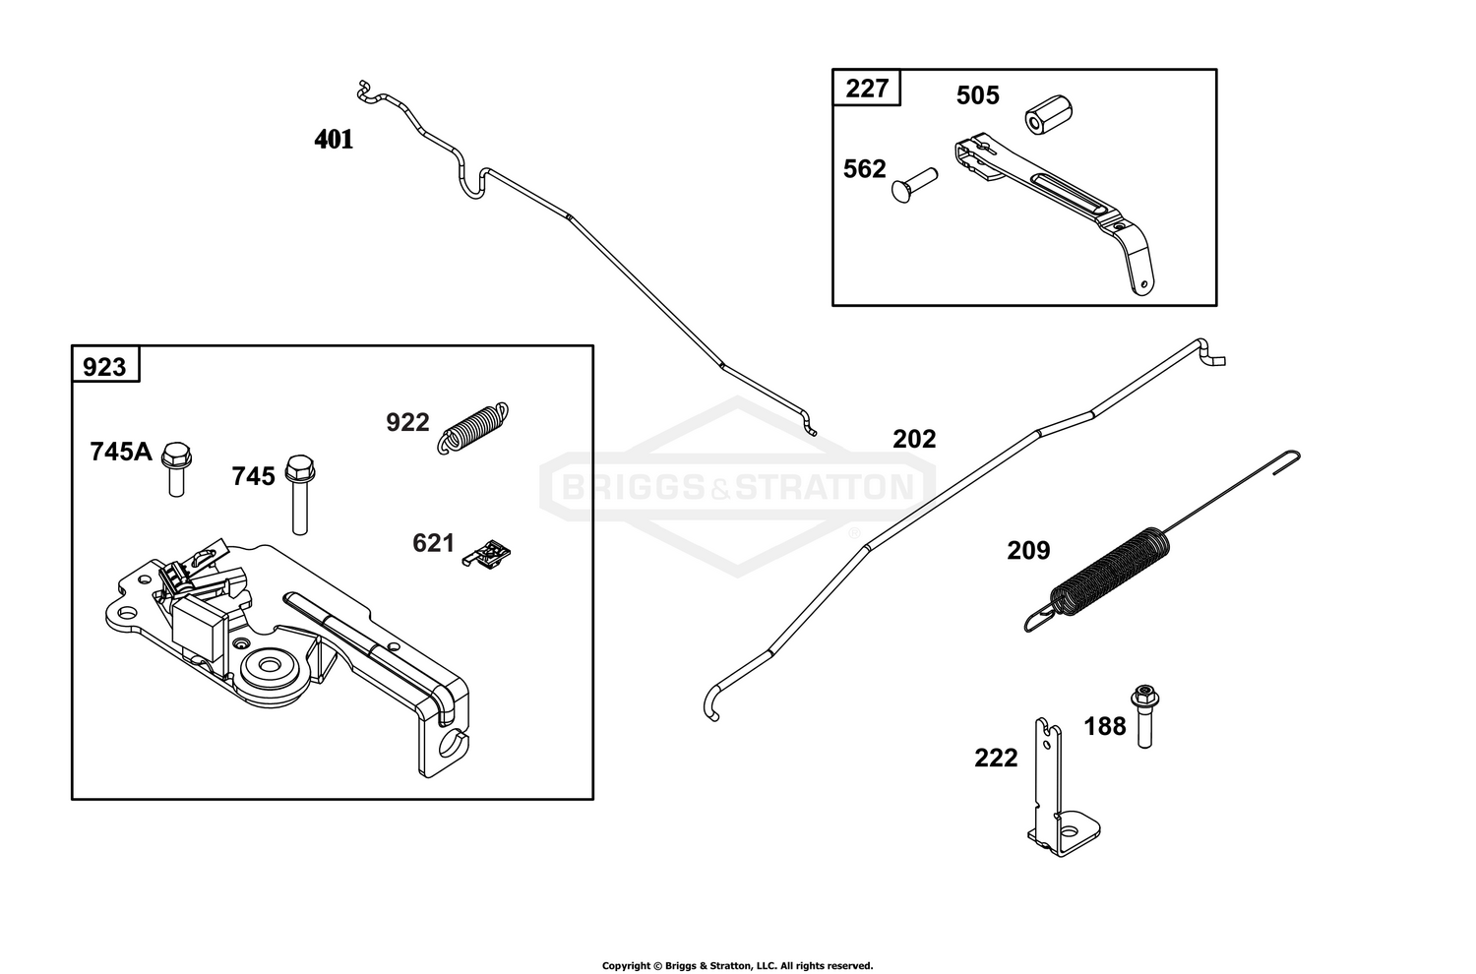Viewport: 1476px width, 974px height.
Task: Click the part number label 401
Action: pyautogui.click(x=334, y=140)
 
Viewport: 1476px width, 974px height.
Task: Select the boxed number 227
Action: pyautogui.click(x=867, y=88)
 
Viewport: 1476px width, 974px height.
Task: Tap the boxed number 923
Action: pyautogui.click(x=104, y=366)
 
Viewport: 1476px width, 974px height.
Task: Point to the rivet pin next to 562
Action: pyautogui.click(x=914, y=185)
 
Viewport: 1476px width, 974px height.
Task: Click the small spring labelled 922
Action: pyautogui.click(x=473, y=428)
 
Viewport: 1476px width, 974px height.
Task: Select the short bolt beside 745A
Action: pyautogui.click(x=176, y=469)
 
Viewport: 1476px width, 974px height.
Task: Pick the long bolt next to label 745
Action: pyautogui.click(x=300, y=494)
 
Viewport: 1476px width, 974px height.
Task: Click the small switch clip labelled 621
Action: pyautogui.click(x=487, y=554)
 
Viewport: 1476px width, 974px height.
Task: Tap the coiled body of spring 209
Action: pyautogui.click(x=1110, y=572)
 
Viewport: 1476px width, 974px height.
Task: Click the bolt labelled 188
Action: pyautogui.click(x=1145, y=716)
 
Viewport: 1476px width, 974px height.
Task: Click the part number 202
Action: pyautogui.click(x=914, y=439)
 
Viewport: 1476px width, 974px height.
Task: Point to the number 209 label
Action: pyautogui.click(x=1028, y=550)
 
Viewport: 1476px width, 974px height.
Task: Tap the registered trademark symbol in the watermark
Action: pyautogui.click(x=854, y=533)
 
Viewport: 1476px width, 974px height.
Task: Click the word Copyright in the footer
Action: pyautogui.click(x=627, y=965)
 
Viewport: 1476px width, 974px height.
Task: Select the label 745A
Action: pyautogui.click(x=121, y=452)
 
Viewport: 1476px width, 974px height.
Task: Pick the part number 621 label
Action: pyautogui.click(x=434, y=544)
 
